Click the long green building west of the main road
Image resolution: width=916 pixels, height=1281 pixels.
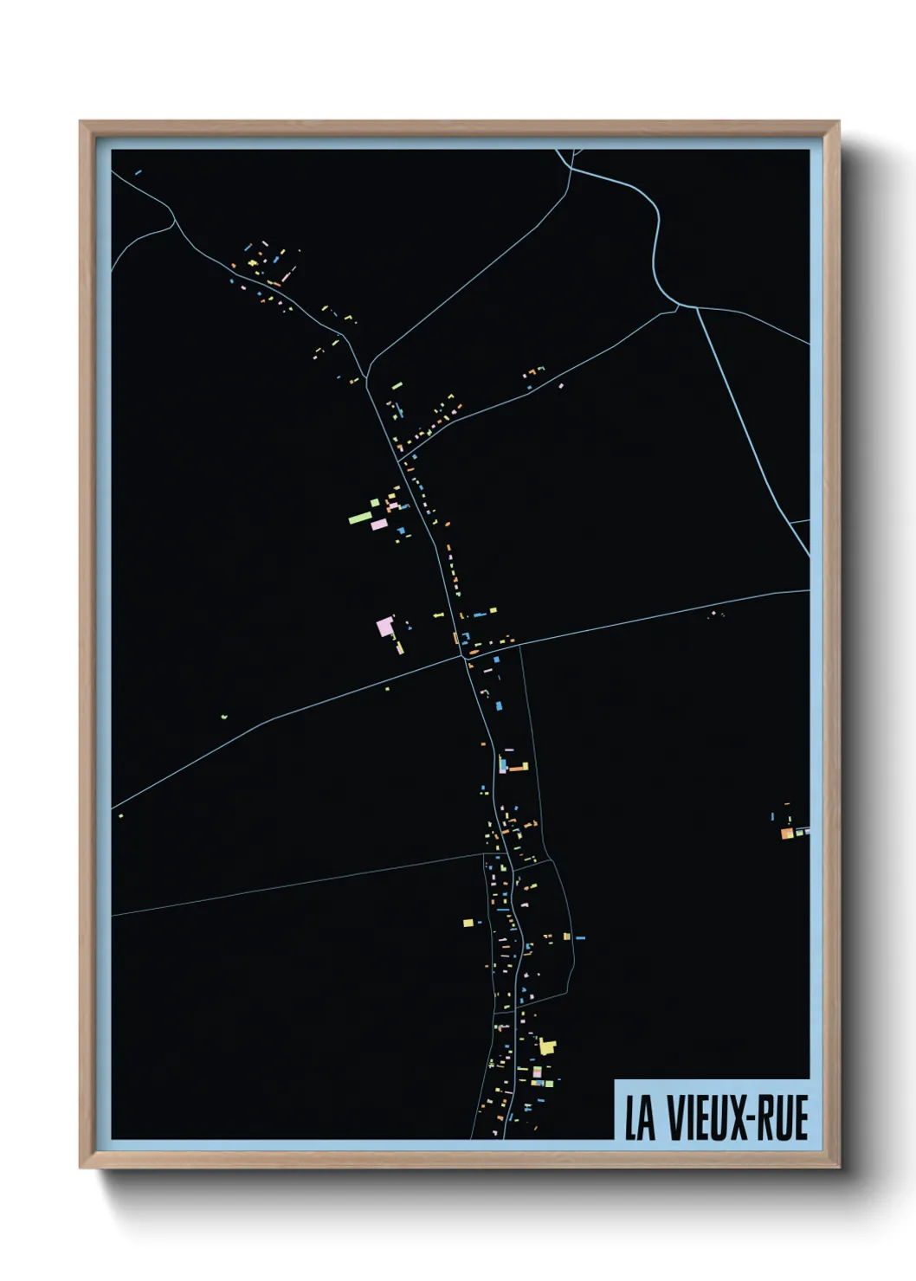[359, 518]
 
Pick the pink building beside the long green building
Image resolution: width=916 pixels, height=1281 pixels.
[378, 525]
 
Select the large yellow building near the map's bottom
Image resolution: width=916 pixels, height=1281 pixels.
[546, 1046]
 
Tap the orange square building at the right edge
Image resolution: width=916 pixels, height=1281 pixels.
[786, 834]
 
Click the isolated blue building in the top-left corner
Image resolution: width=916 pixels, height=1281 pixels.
[138, 172]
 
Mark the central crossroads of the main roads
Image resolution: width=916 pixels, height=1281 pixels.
[464, 657]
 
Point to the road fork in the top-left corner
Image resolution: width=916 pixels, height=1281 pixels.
[173, 219]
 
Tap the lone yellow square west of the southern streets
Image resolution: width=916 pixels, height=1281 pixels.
[468, 923]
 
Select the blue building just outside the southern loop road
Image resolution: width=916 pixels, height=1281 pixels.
[580, 937]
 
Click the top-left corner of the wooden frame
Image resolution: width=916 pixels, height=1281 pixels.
[81, 123]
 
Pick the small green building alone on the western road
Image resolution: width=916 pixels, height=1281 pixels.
[223, 717]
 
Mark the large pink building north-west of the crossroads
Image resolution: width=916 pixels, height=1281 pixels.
[385, 626]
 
